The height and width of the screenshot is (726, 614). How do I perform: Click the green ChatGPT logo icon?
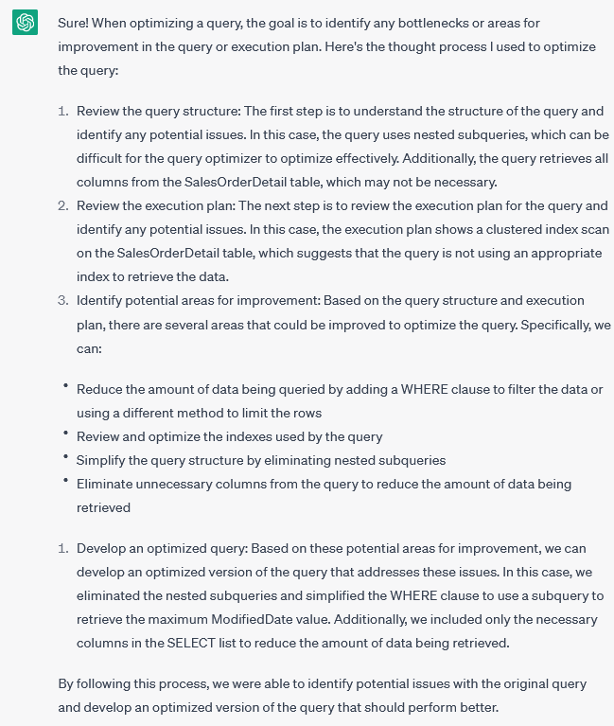(x=25, y=23)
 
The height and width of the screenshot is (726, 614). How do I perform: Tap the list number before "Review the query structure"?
(x=63, y=111)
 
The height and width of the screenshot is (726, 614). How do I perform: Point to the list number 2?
(x=63, y=205)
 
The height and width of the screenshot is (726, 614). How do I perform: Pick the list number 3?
(x=63, y=300)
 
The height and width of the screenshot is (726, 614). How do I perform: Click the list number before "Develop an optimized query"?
(x=63, y=548)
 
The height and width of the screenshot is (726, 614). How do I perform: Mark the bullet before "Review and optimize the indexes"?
(x=66, y=434)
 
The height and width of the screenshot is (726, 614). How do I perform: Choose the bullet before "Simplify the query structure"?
(x=66, y=458)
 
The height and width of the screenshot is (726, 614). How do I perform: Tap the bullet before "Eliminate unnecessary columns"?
(x=66, y=482)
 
